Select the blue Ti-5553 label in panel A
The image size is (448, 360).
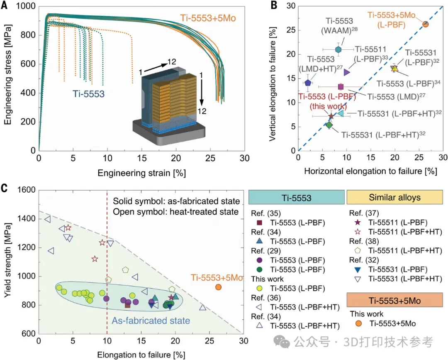88,94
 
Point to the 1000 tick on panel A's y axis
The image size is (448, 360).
26,6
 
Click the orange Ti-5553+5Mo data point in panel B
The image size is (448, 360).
425,24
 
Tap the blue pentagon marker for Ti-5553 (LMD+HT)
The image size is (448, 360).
308,83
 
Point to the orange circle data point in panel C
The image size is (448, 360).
218,287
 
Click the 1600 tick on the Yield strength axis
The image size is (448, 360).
26,190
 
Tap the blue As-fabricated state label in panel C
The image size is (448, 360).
151,321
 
